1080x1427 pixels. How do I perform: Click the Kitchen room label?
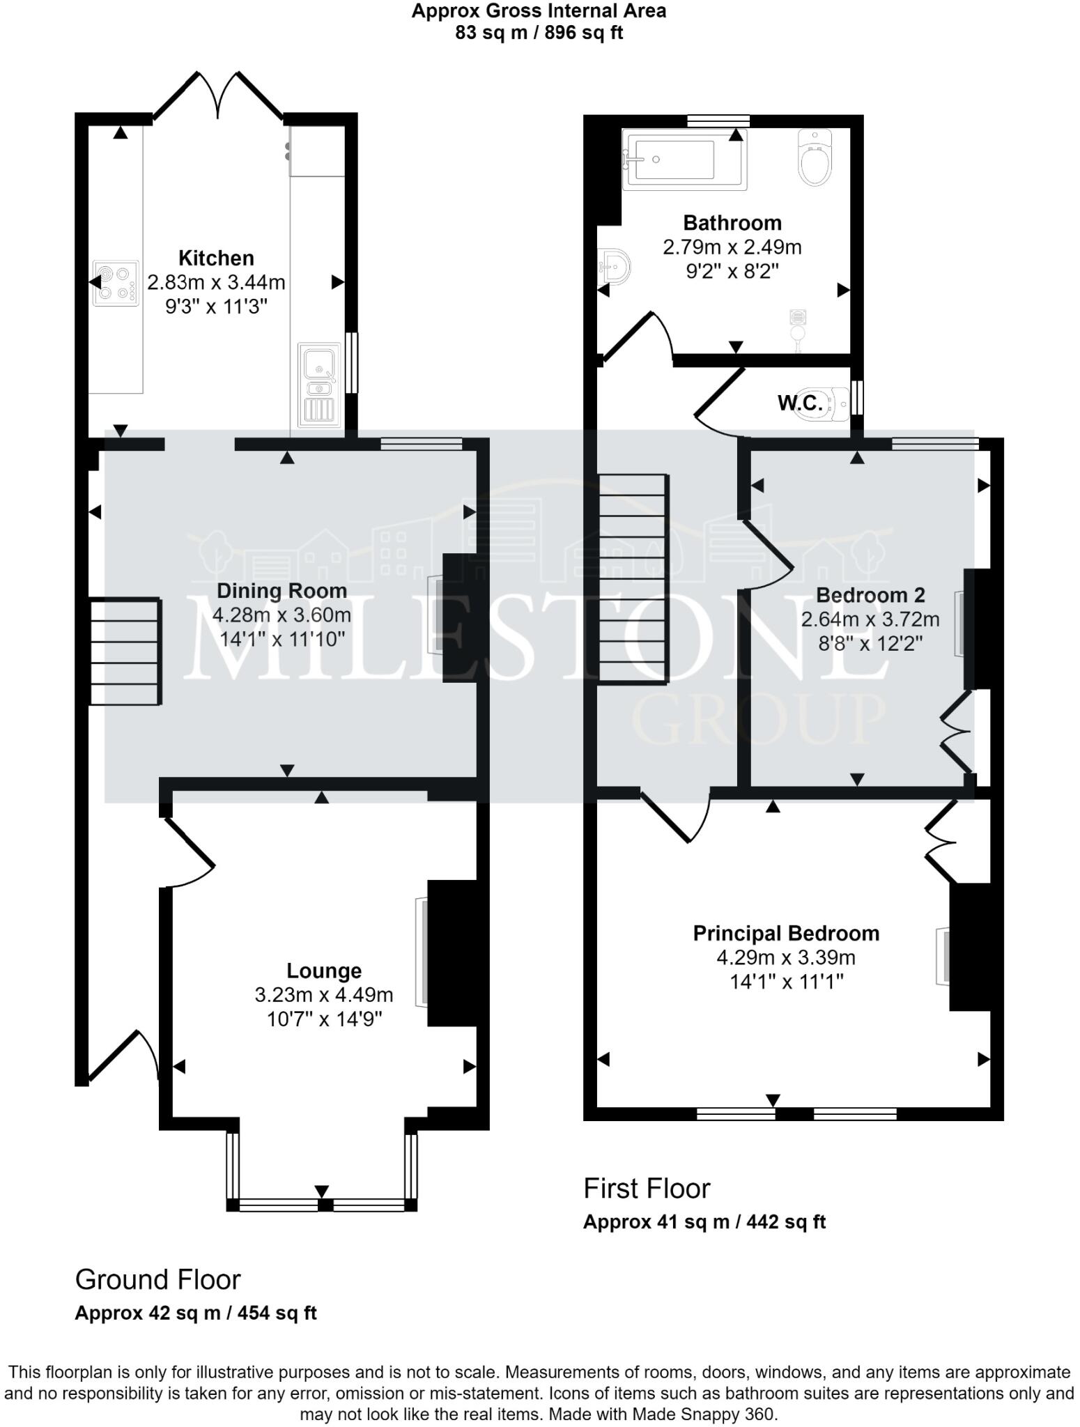tap(216, 258)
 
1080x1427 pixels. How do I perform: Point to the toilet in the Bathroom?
tap(815, 157)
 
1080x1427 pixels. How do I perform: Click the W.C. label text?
tap(799, 402)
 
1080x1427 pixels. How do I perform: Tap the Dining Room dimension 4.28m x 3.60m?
tap(281, 615)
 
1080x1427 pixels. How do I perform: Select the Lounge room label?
tap(324, 971)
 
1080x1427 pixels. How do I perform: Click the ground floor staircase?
tap(125, 651)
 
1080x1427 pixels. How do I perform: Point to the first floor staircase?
tap(633, 578)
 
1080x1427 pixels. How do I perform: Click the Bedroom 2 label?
tap(870, 595)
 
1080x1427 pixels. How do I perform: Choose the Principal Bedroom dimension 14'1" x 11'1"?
tap(786, 982)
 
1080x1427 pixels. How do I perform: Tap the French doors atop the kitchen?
tap(219, 95)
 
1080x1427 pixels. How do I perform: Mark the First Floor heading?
tap(647, 1189)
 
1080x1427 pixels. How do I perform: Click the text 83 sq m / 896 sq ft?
tap(539, 33)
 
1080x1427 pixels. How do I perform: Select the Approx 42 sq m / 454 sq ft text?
tap(196, 1313)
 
